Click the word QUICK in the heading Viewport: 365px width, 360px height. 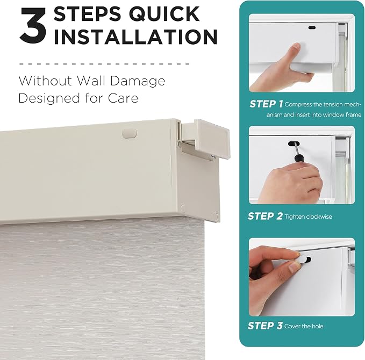point(164,14)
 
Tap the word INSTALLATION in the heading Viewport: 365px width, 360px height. point(135,37)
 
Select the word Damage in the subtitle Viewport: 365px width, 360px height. point(138,82)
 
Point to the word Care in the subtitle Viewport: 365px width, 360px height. point(123,98)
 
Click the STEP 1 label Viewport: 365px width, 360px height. point(266,104)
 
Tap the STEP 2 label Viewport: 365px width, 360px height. point(265,216)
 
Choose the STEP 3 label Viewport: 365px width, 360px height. point(265,326)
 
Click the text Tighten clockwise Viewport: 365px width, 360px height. point(308,217)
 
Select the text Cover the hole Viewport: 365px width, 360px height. point(304,326)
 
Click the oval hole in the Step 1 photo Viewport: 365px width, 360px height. point(312,28)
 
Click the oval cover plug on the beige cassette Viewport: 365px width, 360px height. point(130,133)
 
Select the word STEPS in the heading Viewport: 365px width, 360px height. point(87,14)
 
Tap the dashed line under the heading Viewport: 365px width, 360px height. point(104,63)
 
